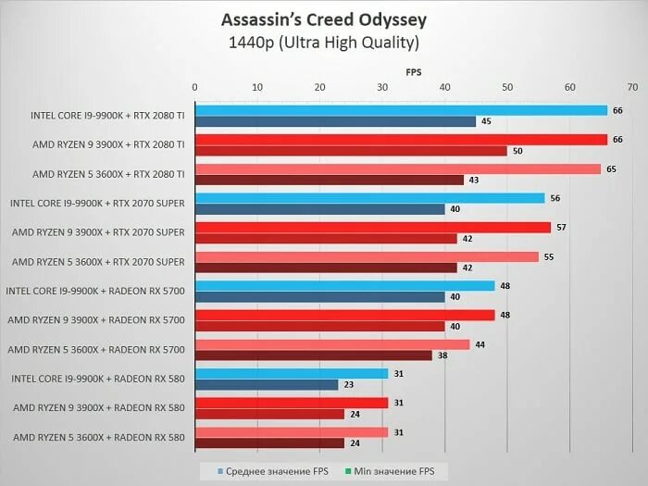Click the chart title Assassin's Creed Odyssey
[x=324, y=19]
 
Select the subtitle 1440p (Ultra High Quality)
[x=324, y=43]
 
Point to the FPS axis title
[x=413, y=70]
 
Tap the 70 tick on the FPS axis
[x=632, y=87]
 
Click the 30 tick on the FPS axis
[x=382, y=87]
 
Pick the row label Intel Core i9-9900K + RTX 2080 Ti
[x=107, y=116]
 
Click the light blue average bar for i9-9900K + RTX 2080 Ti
[x=400, y=110]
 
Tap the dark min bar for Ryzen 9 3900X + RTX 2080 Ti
[x=350, y=150]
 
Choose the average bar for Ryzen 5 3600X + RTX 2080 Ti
[x=397, y=168]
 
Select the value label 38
[x=442, y=355]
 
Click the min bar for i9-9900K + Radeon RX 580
[x=265, y=384]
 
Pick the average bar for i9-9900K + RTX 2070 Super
[x=368, y=197]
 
